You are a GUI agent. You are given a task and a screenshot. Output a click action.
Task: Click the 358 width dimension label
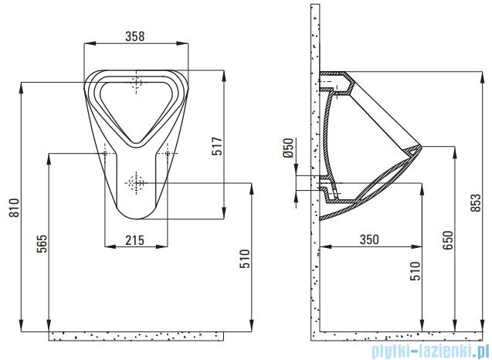[x=135, y=36]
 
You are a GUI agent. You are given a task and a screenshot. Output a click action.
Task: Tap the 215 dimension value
[x=135, y=240]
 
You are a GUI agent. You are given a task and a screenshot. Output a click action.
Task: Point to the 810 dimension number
[x=14, y=208]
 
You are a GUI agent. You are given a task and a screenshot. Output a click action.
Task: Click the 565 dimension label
[x=42, y=243]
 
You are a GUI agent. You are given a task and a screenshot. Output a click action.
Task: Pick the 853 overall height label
[x=476, y=202]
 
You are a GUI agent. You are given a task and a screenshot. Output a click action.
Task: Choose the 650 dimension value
[x=448, y=240]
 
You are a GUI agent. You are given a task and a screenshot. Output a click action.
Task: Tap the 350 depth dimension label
[x=369, y=239]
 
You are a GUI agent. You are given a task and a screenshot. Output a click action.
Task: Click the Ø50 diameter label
[x=288, y=148]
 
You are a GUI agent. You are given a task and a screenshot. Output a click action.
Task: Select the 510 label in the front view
[x=245, y=259]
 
